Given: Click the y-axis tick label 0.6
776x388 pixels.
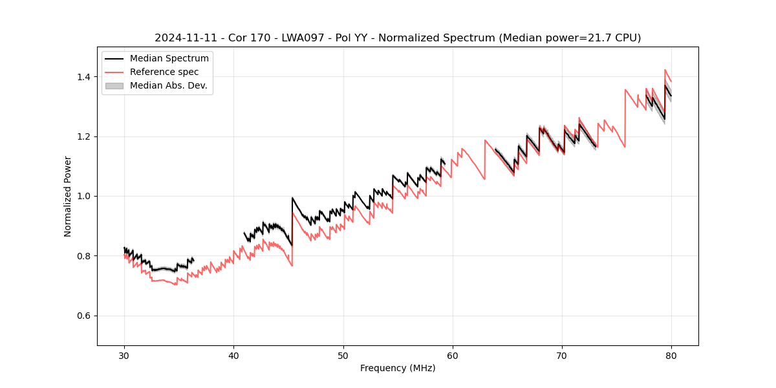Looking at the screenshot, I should pos(85,316).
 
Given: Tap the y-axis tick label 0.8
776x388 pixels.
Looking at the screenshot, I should pos(85,256).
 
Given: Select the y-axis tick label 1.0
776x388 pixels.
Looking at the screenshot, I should pos(85,196).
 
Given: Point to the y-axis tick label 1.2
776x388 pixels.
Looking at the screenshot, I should pos(85,136).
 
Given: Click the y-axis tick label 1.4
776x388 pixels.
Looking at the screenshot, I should pos(85,77).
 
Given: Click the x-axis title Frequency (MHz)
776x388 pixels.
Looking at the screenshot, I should pos(398,368).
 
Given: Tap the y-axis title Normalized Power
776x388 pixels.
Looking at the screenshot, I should pos(68,196).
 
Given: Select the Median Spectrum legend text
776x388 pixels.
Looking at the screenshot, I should pos(169,59).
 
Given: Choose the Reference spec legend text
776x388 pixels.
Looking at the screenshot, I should pos(164,72).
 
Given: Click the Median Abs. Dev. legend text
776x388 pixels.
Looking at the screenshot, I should pos(168,85).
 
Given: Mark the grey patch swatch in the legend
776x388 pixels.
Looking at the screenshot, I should pos(114,85).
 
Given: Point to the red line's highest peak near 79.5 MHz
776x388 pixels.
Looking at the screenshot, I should pos(665,70).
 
